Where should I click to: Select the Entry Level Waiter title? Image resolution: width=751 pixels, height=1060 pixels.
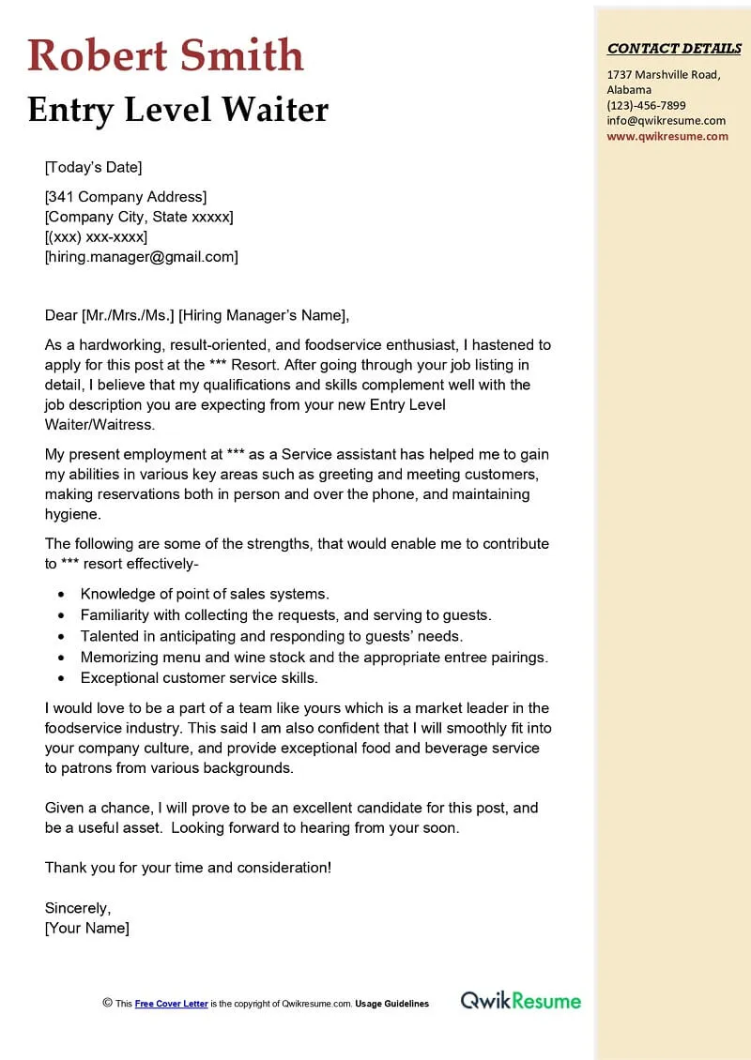178,110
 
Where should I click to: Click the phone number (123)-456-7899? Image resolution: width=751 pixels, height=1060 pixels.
646,105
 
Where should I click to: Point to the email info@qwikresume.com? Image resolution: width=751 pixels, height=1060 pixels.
666,120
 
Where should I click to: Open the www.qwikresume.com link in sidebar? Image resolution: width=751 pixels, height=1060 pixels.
667,136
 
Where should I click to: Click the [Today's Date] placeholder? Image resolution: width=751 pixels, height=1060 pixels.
93,167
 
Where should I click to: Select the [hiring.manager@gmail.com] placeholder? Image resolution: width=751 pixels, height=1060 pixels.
141,256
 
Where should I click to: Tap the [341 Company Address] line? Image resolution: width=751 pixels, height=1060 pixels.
125,196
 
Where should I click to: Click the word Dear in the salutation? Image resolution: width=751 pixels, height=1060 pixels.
61,315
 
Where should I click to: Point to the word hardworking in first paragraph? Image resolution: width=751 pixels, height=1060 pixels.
118,344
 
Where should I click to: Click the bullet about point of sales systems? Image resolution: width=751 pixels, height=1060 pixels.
205,594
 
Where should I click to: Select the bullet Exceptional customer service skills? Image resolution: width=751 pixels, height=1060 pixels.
199,677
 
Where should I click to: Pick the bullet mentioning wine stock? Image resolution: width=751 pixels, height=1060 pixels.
314,657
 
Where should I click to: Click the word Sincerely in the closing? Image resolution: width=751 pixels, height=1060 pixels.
78,908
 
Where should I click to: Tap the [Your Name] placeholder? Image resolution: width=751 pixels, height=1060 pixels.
87,929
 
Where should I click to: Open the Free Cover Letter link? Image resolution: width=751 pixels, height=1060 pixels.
171,1004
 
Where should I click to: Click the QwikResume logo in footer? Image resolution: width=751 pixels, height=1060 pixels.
520,1001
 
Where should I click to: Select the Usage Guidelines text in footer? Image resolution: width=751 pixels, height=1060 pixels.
391,1004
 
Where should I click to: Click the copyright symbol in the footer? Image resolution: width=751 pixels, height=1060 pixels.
107,1003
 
